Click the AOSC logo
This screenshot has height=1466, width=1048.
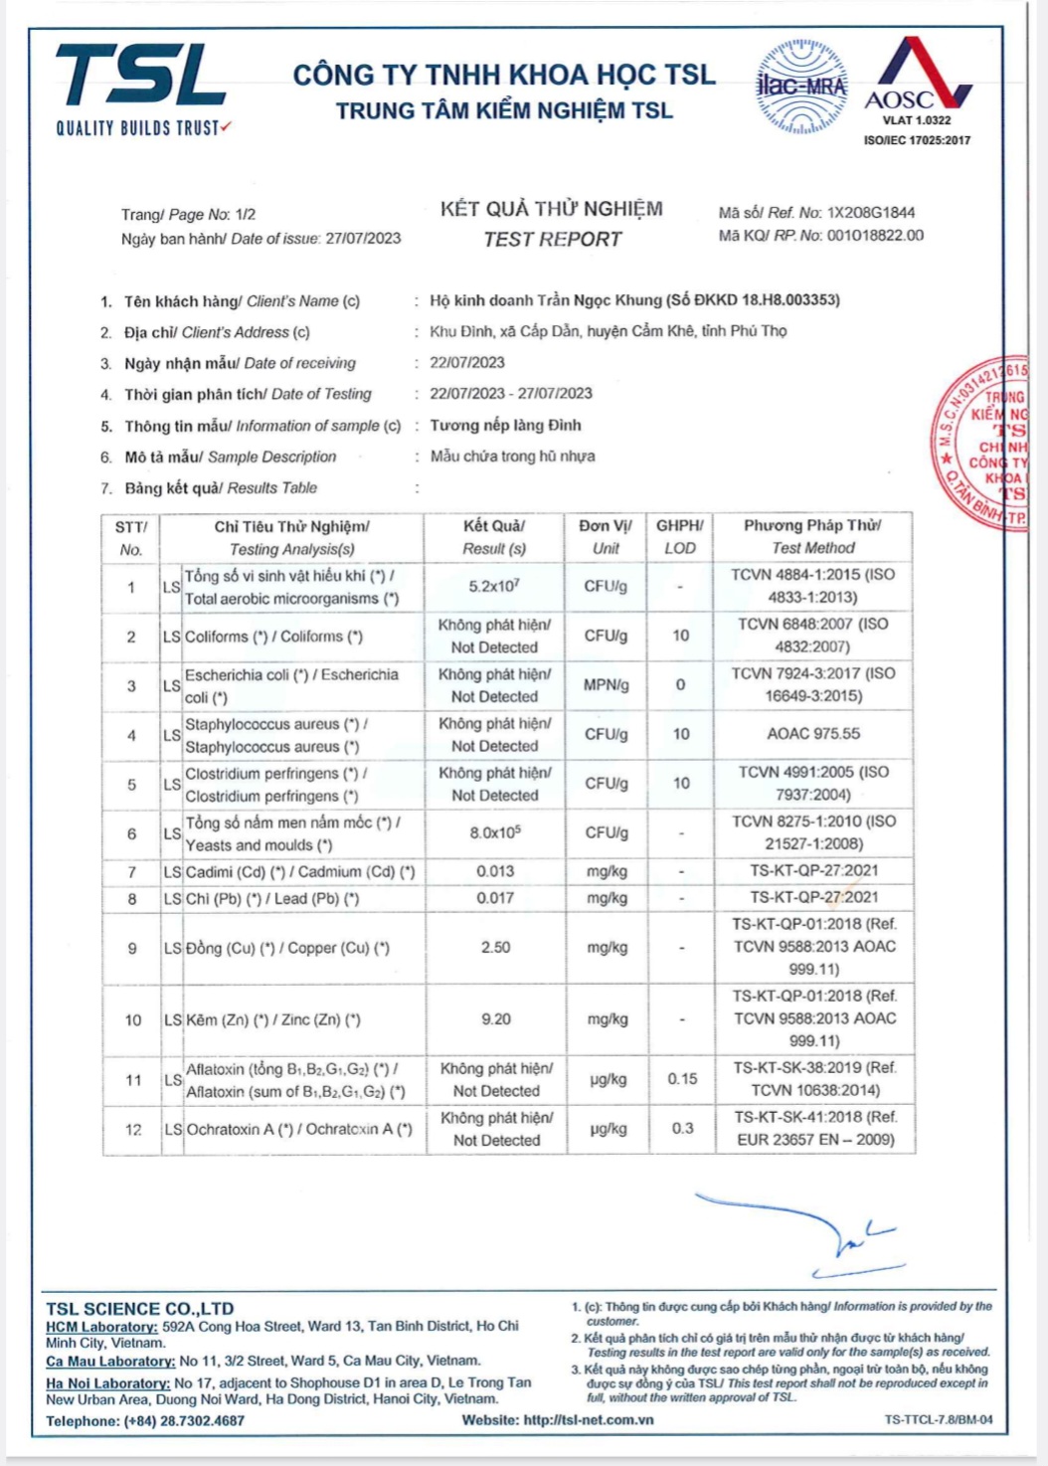[x=917, y=80]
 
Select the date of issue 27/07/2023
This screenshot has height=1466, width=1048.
[x=363, y=239]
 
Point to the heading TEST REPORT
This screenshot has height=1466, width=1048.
[x=552, y=240]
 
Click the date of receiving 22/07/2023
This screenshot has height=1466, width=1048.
[x=467, y=363]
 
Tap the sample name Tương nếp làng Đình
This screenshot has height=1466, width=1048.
[x=505, y=426]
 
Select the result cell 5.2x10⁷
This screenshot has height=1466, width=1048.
[x=494, y=586]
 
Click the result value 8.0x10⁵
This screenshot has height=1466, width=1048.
[x=495, y=832]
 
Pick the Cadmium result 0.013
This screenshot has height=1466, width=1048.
[x=495, y=871]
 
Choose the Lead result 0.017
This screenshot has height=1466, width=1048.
[x=495, y=898]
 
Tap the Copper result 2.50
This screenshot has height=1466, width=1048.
[x=495, y=947]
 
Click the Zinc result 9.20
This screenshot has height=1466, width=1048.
[x=495, y=1018]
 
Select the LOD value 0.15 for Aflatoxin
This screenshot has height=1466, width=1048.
[x=682, y=1079]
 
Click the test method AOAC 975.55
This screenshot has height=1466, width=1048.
[x=813, y=734]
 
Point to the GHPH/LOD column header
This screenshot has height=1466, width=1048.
[x=680, y=536]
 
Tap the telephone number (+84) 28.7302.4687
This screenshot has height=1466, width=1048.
[x=184, y=1421]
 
